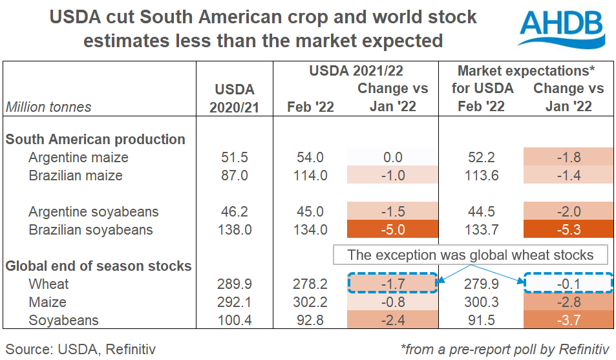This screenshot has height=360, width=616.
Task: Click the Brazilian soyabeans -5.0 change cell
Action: (392, 229)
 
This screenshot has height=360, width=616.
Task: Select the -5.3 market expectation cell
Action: (568, 229)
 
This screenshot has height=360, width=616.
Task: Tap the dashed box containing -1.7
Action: (392, 284)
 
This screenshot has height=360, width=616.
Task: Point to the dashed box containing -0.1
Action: (568, 284)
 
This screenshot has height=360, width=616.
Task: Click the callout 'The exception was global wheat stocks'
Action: (471, 255)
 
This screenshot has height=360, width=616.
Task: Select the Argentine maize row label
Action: (78, 157)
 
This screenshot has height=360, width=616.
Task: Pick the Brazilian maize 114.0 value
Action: (310, 175)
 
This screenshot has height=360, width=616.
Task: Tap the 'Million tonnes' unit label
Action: (49, 107)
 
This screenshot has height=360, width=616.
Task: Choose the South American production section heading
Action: (95, 139)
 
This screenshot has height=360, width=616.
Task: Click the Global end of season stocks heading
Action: (98, 266)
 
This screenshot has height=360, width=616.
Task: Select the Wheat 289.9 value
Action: (234, 284)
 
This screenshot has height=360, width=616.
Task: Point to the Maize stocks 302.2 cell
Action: (310, 302)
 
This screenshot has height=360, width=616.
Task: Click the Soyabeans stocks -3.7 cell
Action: (568, 320)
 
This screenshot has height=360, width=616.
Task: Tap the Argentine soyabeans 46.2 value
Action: (234, 211)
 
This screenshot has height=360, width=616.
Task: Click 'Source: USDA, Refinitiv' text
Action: (81, 349)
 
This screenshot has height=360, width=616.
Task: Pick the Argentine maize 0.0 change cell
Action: (392, 157)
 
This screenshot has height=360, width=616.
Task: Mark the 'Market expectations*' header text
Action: (526, 70)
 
